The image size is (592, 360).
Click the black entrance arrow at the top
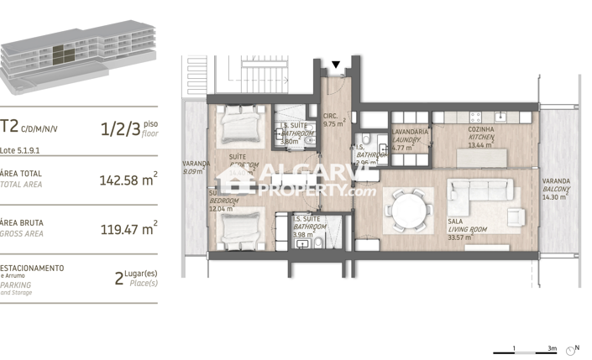click(336, 65)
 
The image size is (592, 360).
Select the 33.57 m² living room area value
click(458, 237)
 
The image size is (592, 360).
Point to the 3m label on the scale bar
click(552, 347)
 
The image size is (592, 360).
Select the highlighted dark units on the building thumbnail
click(62, 55)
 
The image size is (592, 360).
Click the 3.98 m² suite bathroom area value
click(303, 234)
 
